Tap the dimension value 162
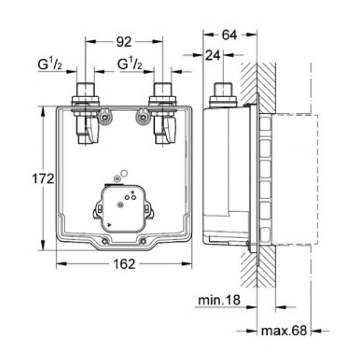tap(124, 264)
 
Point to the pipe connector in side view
tap(222, 94)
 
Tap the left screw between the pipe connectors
tap(105, 117)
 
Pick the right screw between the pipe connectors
tap(141, 117)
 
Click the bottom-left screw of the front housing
tap(105, 241)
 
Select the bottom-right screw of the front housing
tap(142, 241)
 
